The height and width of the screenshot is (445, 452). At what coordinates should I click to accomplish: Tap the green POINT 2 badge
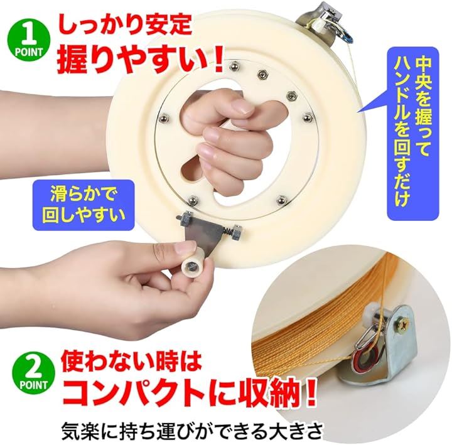pyautogui.click(x=33, y=372)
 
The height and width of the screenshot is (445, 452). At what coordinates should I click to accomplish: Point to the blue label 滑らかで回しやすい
pyautogui.click(x=83, y=205)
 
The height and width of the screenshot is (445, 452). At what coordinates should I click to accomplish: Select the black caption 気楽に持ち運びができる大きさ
pyautogui.click(x=192, y=430)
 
